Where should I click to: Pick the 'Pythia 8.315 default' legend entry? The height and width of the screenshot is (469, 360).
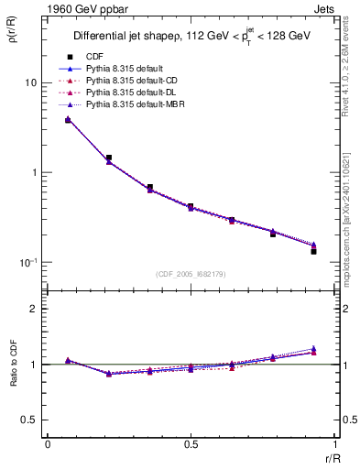128,69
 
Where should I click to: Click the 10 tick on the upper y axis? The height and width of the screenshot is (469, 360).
31,82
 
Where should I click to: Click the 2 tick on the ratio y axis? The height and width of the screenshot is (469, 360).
35,309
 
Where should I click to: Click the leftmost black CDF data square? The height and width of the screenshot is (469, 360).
68,120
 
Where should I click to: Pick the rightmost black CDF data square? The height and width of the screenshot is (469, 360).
313,251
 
